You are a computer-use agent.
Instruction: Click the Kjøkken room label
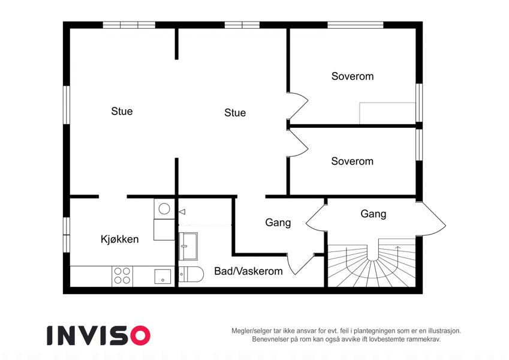click(119, 239)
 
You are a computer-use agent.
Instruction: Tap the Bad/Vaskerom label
click(248, 271)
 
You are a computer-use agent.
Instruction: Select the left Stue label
click(122, 111)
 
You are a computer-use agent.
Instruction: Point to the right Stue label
click(235, 113)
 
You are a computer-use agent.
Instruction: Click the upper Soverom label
click(353, 76)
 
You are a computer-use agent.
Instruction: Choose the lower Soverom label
click(352, 161)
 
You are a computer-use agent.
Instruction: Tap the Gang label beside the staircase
click(374, 214)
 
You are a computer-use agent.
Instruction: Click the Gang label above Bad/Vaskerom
click(278, 223)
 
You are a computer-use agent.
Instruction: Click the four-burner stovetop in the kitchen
click(122, 276)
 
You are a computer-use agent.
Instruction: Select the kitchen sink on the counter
click(162, 277)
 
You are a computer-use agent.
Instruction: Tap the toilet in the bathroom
click(191, 274)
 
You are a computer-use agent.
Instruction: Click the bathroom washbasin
click(188, 246)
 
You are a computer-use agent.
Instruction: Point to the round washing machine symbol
click(164, 209)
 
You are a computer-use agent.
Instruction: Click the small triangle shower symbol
click(182, 212)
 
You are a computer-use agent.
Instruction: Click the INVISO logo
click(99, 335)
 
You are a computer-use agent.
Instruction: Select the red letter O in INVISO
click(140, 335)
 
